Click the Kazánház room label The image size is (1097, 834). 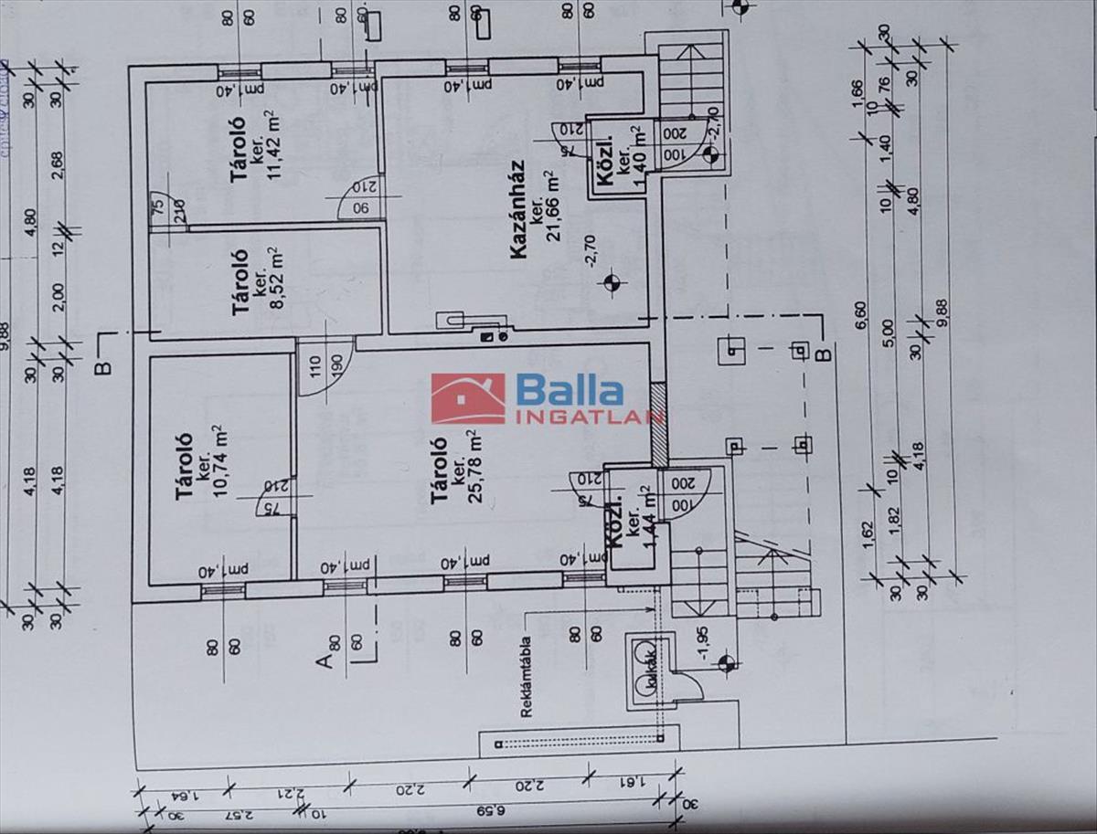pyautogui.click(x=519, y=226)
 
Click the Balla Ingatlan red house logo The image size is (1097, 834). pyautogui.click(x=467, y=399)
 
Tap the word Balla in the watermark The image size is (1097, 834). pyautogui.click(x=570, y=390)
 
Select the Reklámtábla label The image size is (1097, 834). pyautogui.click(x=527, y=676)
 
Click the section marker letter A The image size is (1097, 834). pyautogui.click(x=324, y=660)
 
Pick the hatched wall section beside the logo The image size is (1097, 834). pyautogui.click(x=658, y=424)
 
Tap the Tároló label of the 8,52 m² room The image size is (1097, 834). pyautogui.click(x=241, y=284)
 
